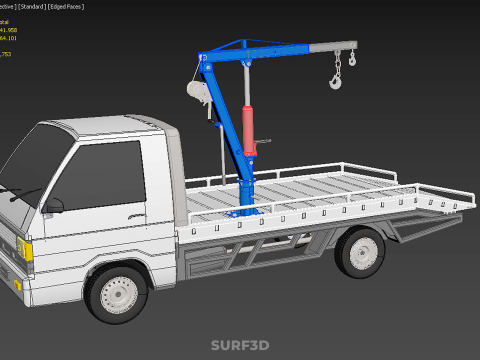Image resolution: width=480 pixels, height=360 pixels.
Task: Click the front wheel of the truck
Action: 116,292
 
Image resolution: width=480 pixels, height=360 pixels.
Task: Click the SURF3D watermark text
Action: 240,346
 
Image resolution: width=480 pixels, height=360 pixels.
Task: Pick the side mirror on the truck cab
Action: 53,207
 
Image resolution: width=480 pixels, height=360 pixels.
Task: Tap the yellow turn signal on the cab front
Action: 28,251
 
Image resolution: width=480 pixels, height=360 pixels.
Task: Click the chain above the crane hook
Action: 337,64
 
